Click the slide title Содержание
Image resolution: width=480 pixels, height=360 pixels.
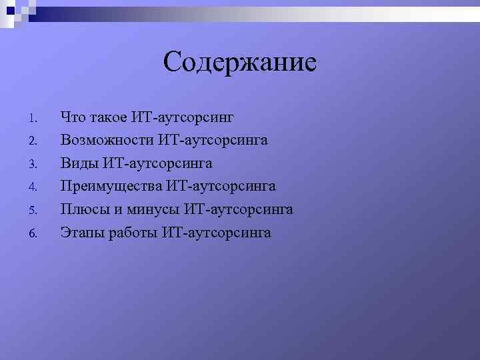[240, 63]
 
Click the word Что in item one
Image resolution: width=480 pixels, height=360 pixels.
[73, 117]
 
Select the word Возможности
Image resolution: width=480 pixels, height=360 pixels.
[107, 140]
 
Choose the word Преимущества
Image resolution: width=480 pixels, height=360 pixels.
[113, 186]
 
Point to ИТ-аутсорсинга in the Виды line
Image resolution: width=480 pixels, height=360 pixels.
[157, 163]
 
